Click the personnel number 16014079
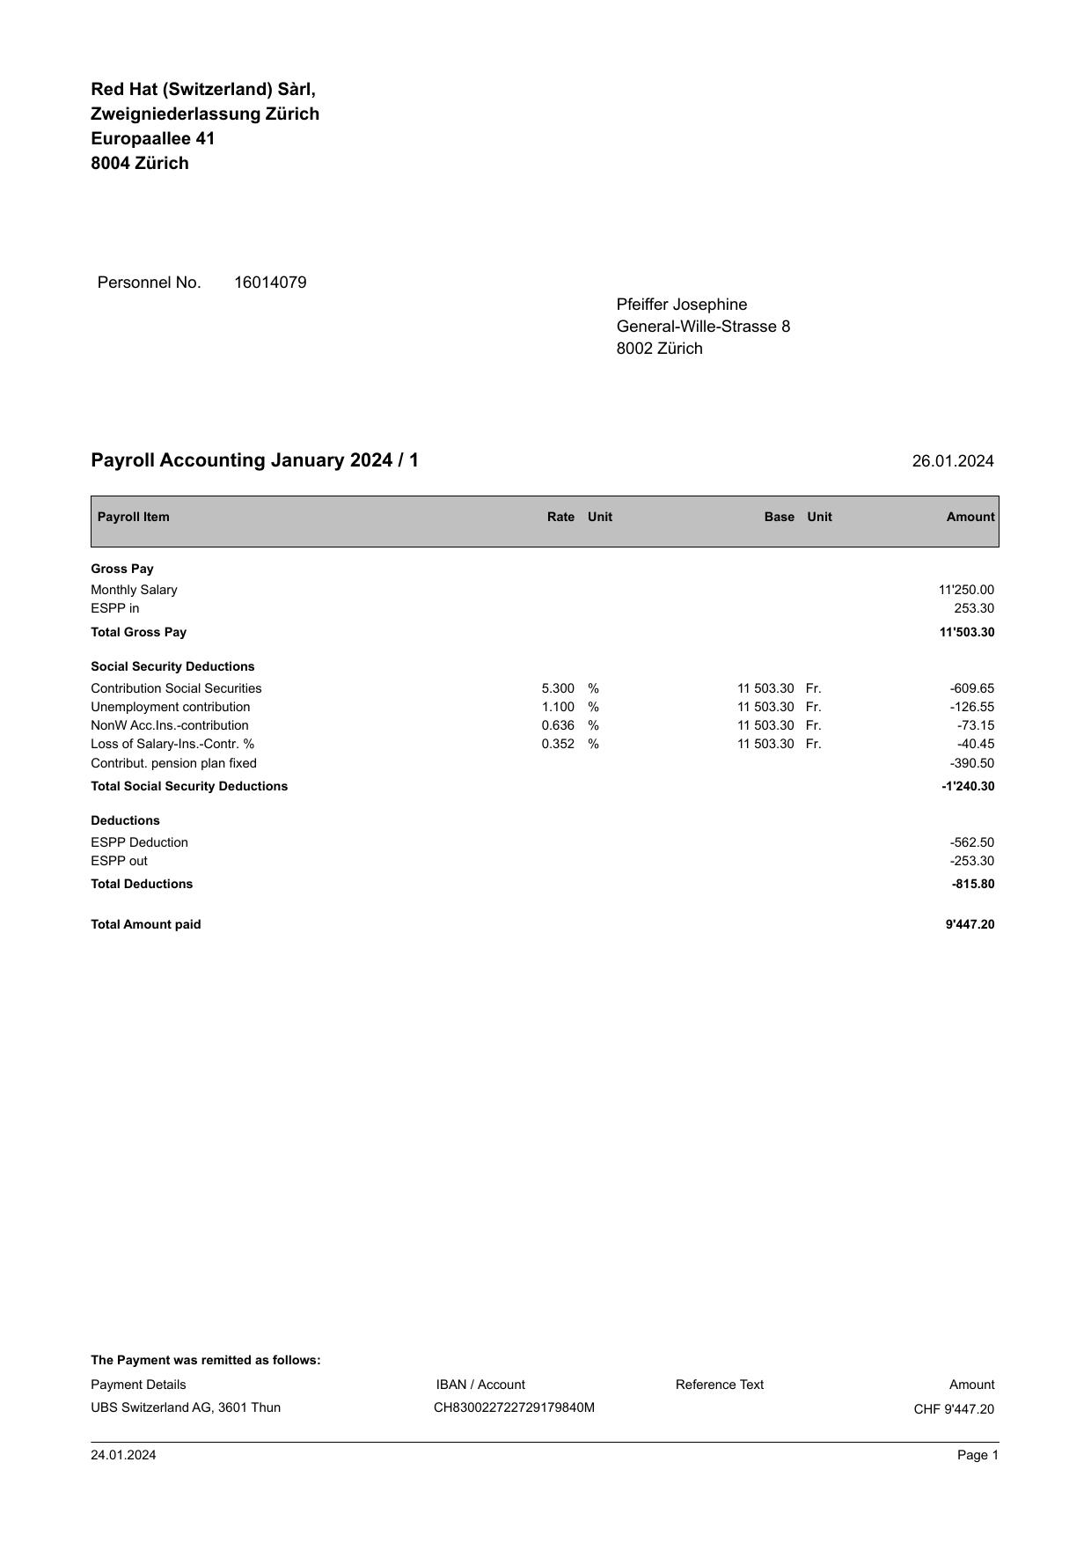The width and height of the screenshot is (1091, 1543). click(270, 283)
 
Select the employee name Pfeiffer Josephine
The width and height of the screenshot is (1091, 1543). click(681, 305)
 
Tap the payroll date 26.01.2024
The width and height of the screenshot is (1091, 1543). click(952, 461)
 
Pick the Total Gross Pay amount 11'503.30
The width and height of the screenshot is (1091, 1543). click(966, 632)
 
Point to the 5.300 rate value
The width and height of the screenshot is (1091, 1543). click(558, 688)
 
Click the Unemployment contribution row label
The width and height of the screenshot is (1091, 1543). click(170, 707)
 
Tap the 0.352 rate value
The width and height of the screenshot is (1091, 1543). click(558, 744)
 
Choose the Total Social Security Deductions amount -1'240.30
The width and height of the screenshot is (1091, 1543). click(967, 786)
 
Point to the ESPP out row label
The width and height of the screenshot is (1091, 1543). click(119, 861)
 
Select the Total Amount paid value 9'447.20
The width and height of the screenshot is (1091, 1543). click(970, 924)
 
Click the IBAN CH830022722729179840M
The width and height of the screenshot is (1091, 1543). click(514, 1407)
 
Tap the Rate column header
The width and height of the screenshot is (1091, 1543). click(560, 517)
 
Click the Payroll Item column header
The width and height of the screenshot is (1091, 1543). click(133, 517)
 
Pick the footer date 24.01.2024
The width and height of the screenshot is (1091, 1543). click(123, 1455)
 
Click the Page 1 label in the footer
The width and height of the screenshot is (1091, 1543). click(978, 1455)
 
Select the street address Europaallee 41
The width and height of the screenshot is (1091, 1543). click(152, 138)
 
